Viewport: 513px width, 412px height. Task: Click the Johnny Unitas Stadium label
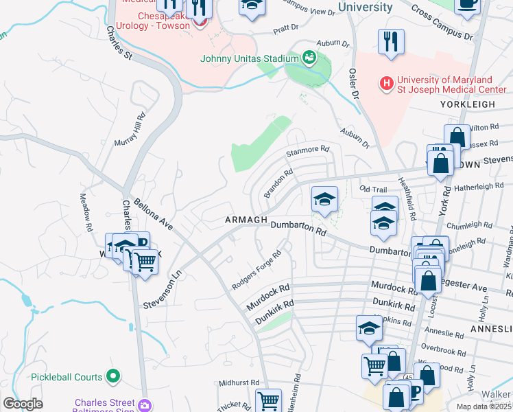click(248, 58)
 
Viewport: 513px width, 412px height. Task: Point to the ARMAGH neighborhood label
click(246, 220)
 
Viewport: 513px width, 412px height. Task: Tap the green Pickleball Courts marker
click(113, 377)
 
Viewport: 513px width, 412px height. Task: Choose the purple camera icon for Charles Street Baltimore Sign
click(144, 404)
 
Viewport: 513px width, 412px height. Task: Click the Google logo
click(23, 404)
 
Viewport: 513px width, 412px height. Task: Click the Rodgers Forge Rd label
click(257, 270)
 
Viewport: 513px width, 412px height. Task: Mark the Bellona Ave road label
click(152, 213)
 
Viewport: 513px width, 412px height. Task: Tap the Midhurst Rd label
click(239, 382)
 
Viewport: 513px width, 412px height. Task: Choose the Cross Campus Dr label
click(442, 23)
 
